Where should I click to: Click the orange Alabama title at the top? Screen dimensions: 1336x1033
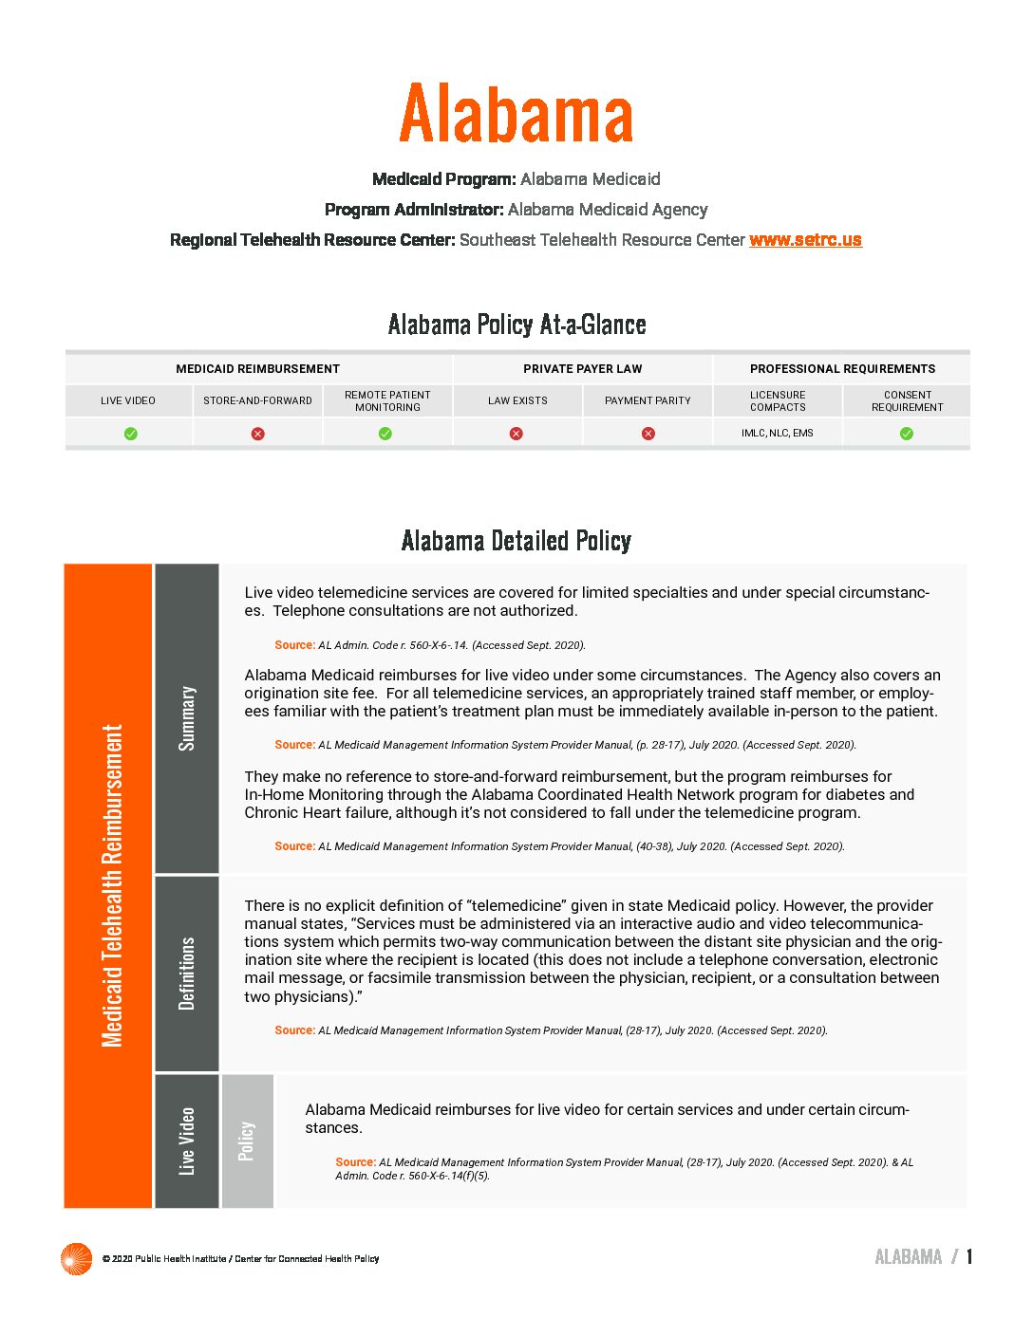point(516,114)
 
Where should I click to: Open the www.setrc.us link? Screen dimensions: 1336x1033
point(805,240)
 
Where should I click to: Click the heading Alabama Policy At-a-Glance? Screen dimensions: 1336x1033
point(516,325)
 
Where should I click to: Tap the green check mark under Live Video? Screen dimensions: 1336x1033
point(131,434)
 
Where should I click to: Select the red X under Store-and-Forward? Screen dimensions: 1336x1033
point(257,434)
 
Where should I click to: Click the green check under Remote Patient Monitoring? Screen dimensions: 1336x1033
point(385,434)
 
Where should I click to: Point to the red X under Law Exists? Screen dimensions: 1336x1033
point(516,434)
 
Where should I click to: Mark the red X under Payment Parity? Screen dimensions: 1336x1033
point(648,434)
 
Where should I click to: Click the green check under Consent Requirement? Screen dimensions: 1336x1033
point(907,434)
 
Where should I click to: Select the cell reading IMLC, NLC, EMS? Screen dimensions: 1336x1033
point(778,433)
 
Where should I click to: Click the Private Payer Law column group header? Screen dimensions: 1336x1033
point(582,369)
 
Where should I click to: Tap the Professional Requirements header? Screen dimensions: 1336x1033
point(842,369)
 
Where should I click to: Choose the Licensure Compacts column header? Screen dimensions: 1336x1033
point(778,400)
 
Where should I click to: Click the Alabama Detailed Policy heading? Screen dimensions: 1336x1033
point(516,541)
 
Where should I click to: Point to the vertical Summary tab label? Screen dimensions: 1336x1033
point(187,718)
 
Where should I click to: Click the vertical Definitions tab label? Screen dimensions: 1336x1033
point(187,974)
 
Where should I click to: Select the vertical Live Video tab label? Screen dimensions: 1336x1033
point(187,1141)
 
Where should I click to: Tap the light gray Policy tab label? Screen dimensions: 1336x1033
point(247,1141)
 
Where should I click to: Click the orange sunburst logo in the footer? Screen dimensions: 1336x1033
point(76,1258)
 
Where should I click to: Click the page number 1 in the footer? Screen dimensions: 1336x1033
point(969,1257)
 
